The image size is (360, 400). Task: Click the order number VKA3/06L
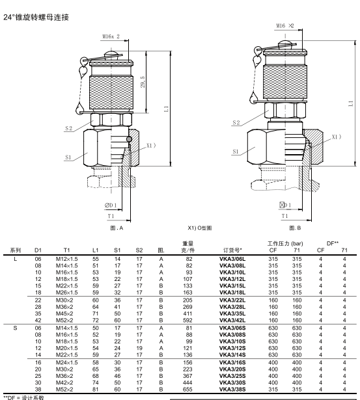click(x=232, y=259)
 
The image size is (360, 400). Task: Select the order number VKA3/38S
click(x=232, y=390)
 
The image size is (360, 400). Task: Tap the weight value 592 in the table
click(x=187, y=320)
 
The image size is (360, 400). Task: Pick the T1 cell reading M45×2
click(x=64, y=313)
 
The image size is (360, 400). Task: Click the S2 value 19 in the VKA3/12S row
click(x=139, y=348)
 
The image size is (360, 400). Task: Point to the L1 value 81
click(x=95, y=390)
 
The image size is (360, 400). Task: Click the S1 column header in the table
click(x=117, y=250)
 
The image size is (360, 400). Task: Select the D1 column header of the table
click(x=38, y=250)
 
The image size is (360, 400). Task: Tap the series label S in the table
click(x=16, y=328)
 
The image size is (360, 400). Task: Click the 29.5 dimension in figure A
click(x=143, y=82)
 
